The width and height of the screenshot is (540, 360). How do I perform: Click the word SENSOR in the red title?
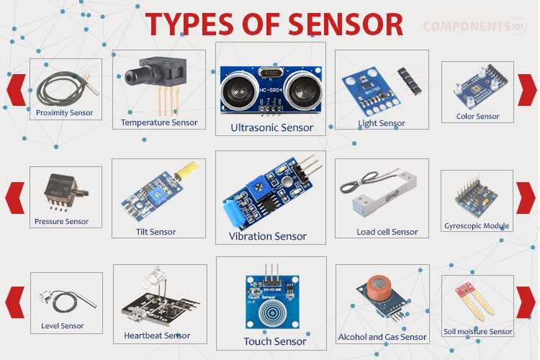[x=346, y=24]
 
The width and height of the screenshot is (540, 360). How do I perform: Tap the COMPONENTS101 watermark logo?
[x=474, y=26]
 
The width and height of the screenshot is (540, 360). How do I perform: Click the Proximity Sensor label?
[x=64, y=112]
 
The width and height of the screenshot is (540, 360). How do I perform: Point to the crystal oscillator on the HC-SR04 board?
[x=271, y=73]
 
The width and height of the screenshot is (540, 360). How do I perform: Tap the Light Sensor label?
[x=382, y=123]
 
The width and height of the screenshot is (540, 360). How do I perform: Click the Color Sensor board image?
[x=480, y=86]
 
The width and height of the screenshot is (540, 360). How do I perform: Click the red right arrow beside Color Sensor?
[x=527, y=90]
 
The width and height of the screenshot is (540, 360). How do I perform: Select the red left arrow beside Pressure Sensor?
[x=15, y=198]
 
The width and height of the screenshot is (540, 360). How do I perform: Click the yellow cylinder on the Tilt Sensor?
[x=186, y=171]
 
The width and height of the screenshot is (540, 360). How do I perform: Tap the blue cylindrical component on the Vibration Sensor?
[x=232, y=214]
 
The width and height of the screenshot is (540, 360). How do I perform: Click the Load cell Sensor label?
[x=387, y=232]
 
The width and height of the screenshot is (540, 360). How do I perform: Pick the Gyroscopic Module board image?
[x=476, y=197]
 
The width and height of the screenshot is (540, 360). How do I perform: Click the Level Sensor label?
[x=63, y=326]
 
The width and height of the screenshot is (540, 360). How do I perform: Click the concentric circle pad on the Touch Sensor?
[x=272, y=312]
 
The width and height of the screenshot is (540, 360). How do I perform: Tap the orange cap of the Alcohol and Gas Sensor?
[x=378, y=287]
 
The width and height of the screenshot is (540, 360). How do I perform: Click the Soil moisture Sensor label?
[x=477, y=332]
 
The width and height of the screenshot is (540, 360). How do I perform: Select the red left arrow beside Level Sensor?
[x=15, y=302]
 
